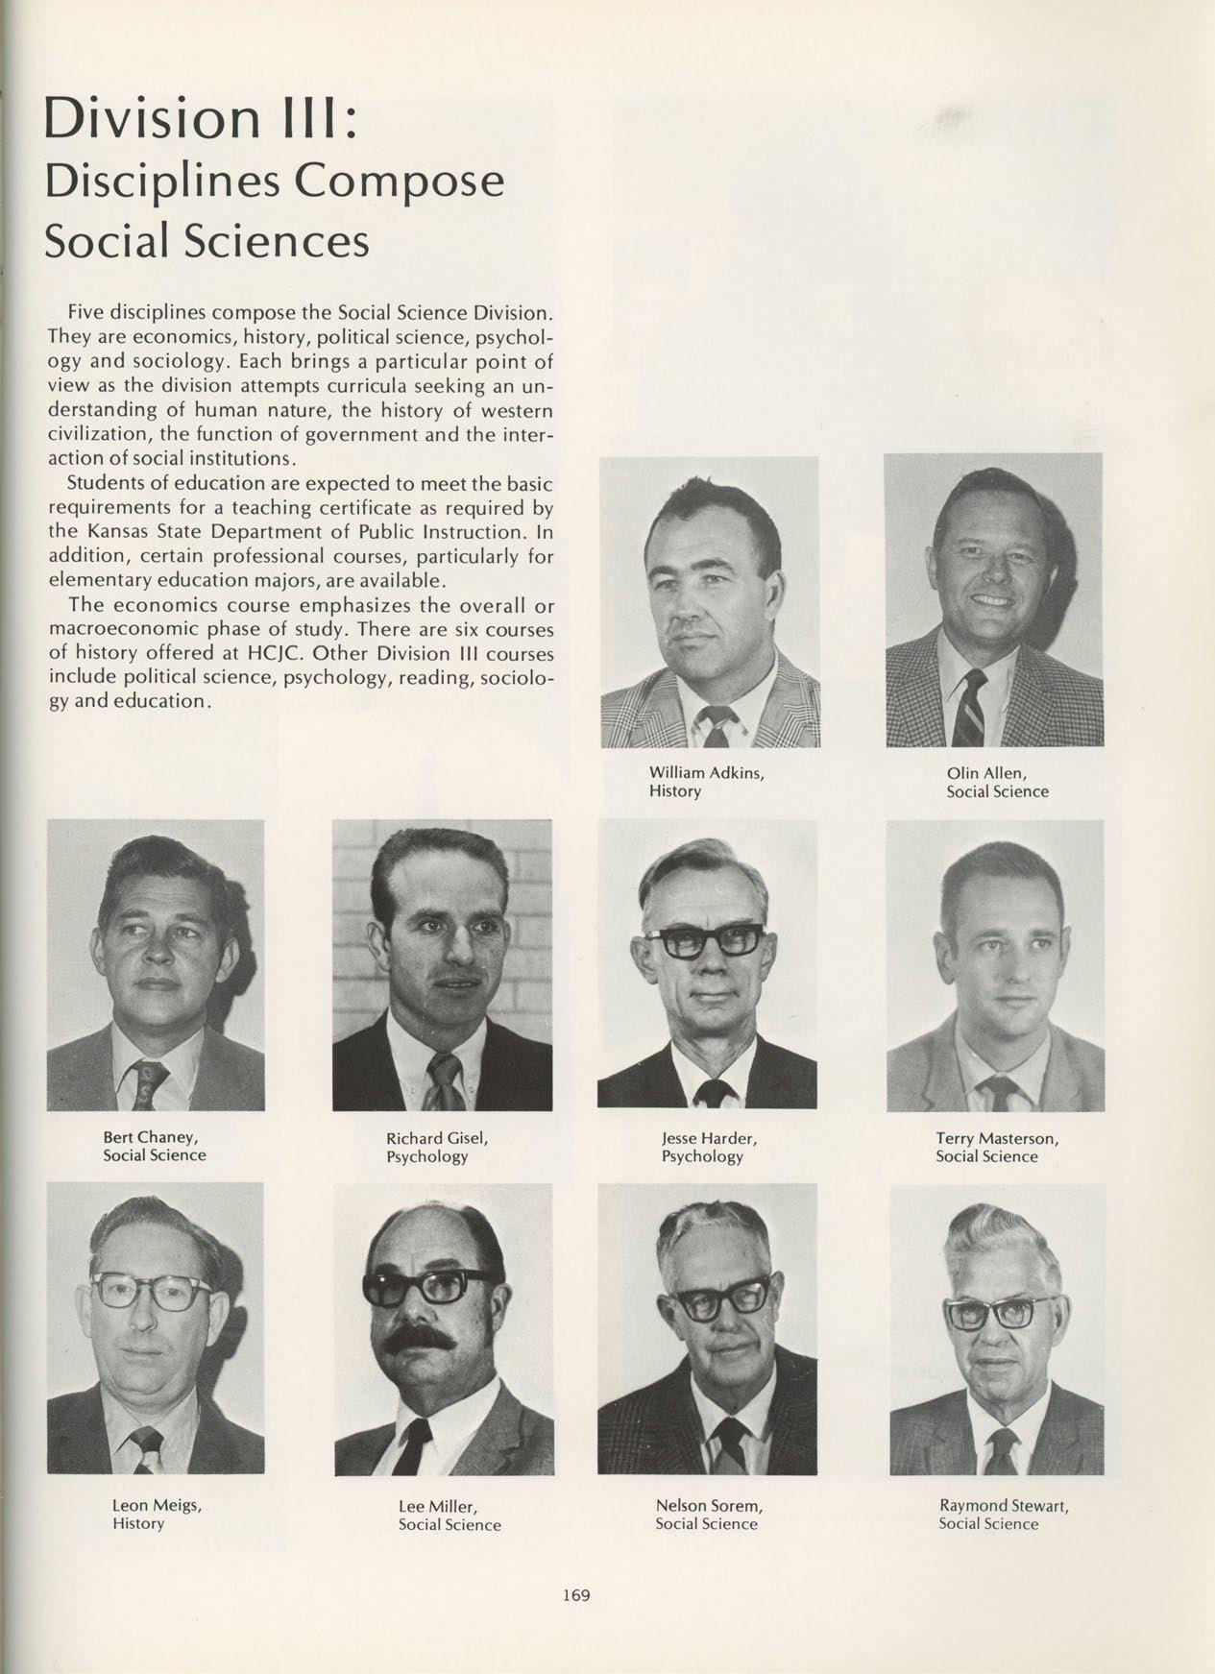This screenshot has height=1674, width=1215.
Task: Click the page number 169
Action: click(x=576, y=1596)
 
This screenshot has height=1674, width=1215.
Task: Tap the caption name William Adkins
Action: click(x=706, y=772)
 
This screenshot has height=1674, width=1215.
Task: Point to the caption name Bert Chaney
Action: click(x=150, y=1137)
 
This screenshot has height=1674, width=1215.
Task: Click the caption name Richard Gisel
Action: click(x=437, y=1138)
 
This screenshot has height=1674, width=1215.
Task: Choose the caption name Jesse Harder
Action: click(x=709, y=1138)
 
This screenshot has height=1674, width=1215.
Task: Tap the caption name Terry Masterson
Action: click(x=997, y=1138)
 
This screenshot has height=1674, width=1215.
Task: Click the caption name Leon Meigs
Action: click(x=157, y=1505)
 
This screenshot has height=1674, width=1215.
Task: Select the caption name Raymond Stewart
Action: click(x=1004, y=1505)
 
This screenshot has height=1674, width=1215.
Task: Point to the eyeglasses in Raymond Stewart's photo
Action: click(x=988, y=1312)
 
